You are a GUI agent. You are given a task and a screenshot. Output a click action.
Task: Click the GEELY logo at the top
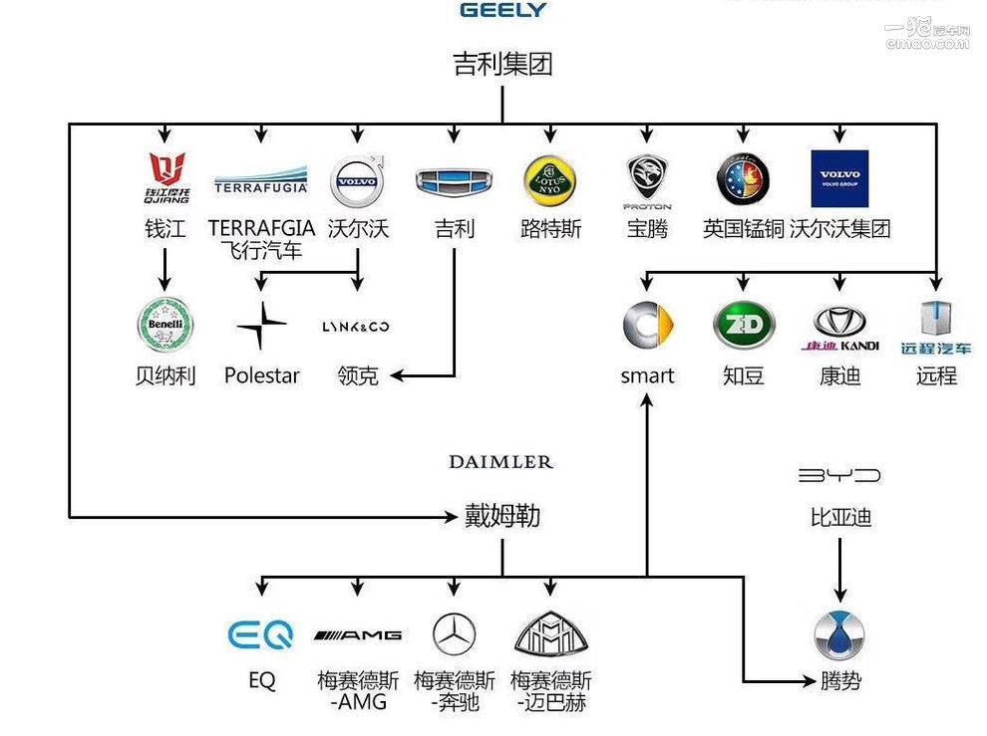[502, 10]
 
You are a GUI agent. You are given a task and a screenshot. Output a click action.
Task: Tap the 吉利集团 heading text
[502, 65]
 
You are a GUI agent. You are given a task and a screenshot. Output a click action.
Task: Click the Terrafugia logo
[261, 182]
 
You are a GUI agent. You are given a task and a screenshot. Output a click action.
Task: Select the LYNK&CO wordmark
[356, 327]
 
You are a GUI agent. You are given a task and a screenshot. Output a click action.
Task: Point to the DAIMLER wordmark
[500, 462]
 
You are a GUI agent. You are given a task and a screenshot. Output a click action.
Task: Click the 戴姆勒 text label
[502, 516]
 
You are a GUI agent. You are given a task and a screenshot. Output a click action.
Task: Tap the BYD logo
[839, 476]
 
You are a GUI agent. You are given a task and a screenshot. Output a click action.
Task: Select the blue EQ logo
[260, 634]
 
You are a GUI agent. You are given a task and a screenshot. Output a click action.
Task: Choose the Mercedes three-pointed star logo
[454, 634]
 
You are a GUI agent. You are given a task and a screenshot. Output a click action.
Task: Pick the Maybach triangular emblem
[550, 633]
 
